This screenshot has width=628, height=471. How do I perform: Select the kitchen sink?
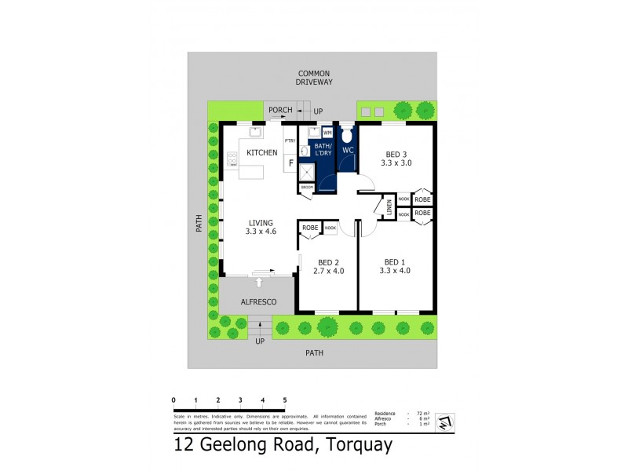coord(256,132)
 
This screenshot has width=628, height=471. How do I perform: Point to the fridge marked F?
coord(290,163)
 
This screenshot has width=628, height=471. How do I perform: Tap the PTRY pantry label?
coord(290,141)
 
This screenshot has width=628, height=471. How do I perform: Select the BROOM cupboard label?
coord(307,188)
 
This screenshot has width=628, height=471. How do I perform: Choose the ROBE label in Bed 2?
coord(310,228)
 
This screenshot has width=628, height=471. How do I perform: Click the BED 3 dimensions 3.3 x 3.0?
coord(396,163)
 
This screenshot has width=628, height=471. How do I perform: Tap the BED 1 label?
coord(396,261)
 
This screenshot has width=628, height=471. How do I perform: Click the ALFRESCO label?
coord(257,300)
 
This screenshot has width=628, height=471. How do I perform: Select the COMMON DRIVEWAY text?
coord(315,77)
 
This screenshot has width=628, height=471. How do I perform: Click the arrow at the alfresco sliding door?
coord(258,281)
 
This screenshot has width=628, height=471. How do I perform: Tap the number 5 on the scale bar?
coord(285,400)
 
